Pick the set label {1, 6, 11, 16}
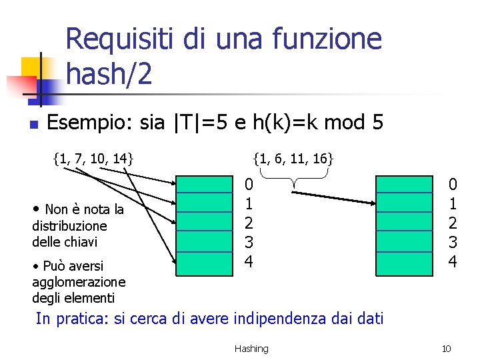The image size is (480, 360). click(293, 159)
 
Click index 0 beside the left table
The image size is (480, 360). click(248, 184)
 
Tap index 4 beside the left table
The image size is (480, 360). click(248, 262)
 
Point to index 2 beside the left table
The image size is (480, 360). click(248, 223)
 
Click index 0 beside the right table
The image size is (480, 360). click(453, 184)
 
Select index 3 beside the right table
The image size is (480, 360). click(453, 243)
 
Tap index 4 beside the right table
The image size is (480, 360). click(453, 262)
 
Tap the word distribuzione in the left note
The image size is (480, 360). click(69, 226)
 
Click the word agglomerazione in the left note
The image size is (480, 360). click(79, 282)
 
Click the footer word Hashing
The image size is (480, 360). click(251, 349)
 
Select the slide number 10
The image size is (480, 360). click(447, 349)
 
